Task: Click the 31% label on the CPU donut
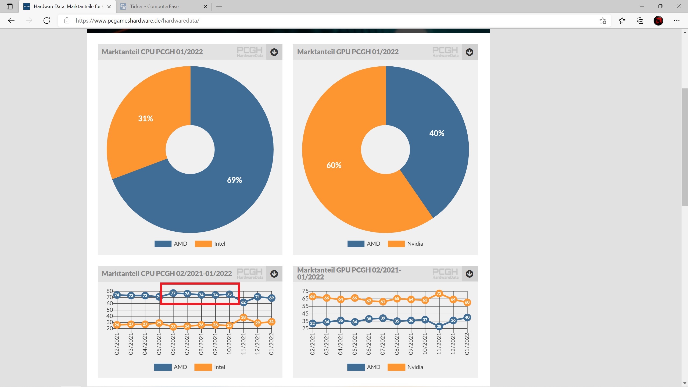[145, 119]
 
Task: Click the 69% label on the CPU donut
[234, 180]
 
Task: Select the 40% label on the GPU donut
[436, 133]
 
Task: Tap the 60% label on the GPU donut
[334, 165]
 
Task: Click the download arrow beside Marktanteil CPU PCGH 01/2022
[274, 52]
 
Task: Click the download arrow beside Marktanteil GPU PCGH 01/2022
[470, 52]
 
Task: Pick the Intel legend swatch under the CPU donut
[203, 244]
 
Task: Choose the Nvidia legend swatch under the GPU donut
[396, 244]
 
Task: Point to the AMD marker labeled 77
[173, 293]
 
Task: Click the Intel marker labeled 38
[243, 317]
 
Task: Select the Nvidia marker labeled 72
[439, 293]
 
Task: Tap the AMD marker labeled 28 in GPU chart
[439, 327]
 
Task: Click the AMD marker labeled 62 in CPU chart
[243, 302]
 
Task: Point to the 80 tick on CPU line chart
[109, 291]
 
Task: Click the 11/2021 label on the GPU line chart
[439, 344]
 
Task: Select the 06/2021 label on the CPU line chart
[173, 344]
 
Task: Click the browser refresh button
[47, 21]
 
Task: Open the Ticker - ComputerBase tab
[154, 6]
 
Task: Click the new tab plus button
[219, 6]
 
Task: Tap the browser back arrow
[11, 21]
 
